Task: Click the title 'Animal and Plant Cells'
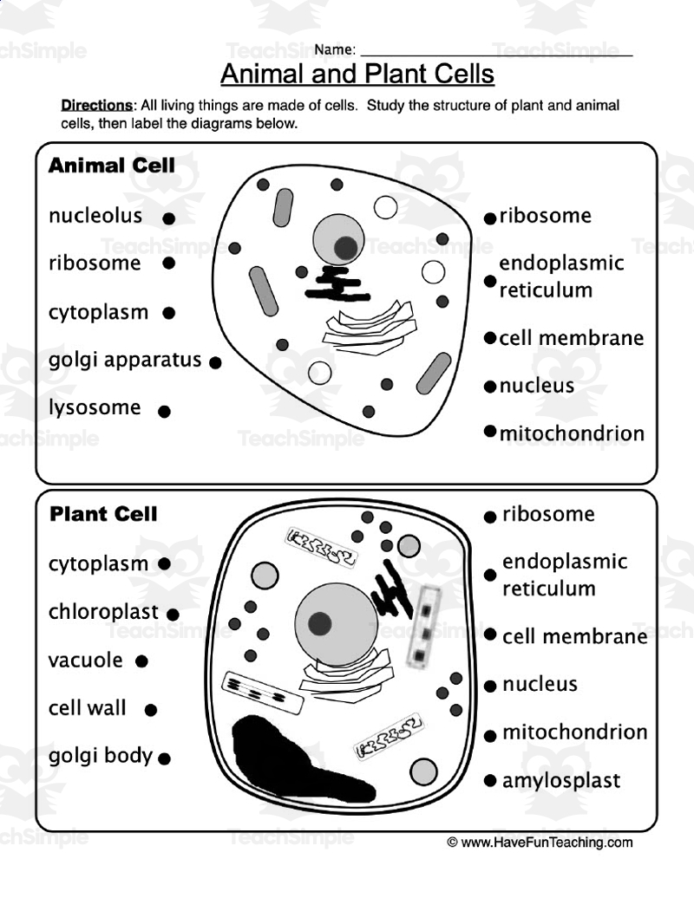357,74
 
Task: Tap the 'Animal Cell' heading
111,165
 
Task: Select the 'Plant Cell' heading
103,514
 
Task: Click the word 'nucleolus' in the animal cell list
95,216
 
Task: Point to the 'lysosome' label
94,407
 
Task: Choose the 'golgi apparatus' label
125,360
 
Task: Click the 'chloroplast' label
103,612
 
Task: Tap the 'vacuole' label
85,660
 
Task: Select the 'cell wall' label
87,708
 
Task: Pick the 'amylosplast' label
561,780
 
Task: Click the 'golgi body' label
100,756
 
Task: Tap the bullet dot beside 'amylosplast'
490,781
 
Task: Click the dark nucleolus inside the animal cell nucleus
346,247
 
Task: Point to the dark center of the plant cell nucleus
320,622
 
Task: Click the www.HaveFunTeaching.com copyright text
540,842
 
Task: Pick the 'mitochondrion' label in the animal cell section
572,433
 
